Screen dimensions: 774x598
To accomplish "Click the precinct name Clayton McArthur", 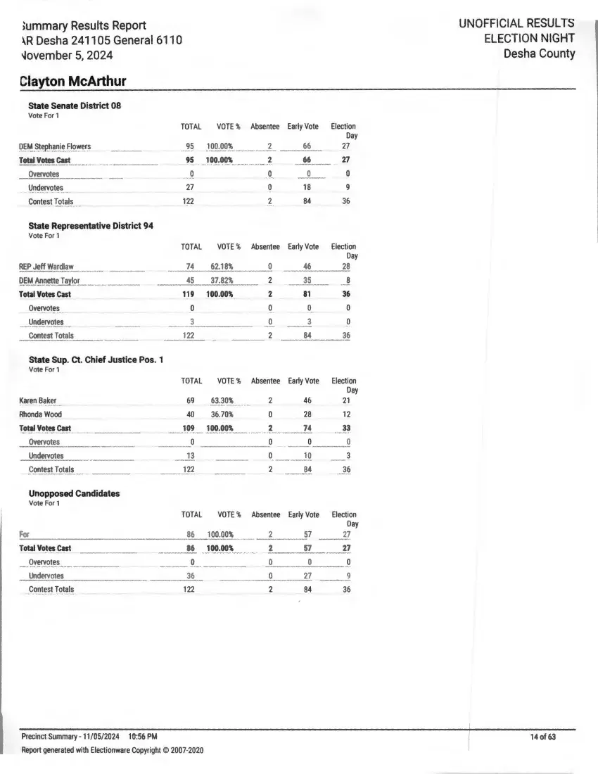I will (x=73, y=81).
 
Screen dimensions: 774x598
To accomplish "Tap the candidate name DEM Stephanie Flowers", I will (x=55, y=146).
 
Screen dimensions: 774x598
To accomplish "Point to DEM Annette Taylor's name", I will (x=49, y=281).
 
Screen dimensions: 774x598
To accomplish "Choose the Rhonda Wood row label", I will (x=40, y=414).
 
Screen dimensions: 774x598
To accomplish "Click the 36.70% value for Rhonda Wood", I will (x=222, y=414).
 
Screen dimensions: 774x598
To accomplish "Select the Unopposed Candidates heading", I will (x=74, y=493).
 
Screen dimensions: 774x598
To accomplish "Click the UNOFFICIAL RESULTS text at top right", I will (x=516, y=24).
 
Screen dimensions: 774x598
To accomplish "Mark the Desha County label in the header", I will (x=539, y=53).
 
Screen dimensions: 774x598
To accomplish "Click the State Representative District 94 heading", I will (x=91, y=226).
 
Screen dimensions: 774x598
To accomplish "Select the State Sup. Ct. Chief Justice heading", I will (x=96, y=360).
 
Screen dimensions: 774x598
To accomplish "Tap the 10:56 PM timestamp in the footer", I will (x=143, y=737).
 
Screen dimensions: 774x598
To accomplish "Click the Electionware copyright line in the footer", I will (x=113, y=751).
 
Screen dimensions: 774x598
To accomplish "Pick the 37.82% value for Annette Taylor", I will (x=222, y=281).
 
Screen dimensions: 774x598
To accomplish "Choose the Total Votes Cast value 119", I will (x=189, y=294).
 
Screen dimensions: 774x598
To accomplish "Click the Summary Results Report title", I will (x=84, y=25).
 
